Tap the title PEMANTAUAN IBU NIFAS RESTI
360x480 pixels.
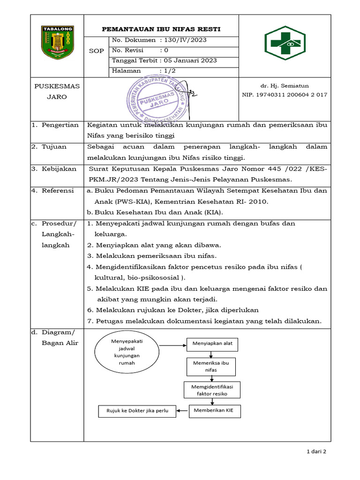161,29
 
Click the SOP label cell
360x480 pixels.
96,51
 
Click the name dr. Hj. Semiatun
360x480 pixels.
285,86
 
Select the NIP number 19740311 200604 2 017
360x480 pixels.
285,95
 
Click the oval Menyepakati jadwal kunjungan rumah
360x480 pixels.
127,352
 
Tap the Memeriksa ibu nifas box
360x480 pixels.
211,367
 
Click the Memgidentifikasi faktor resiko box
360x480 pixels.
212,390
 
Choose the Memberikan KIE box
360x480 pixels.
214,412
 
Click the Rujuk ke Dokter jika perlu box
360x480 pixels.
137,412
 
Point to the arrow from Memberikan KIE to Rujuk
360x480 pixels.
182,412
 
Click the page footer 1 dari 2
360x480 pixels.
316,452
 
